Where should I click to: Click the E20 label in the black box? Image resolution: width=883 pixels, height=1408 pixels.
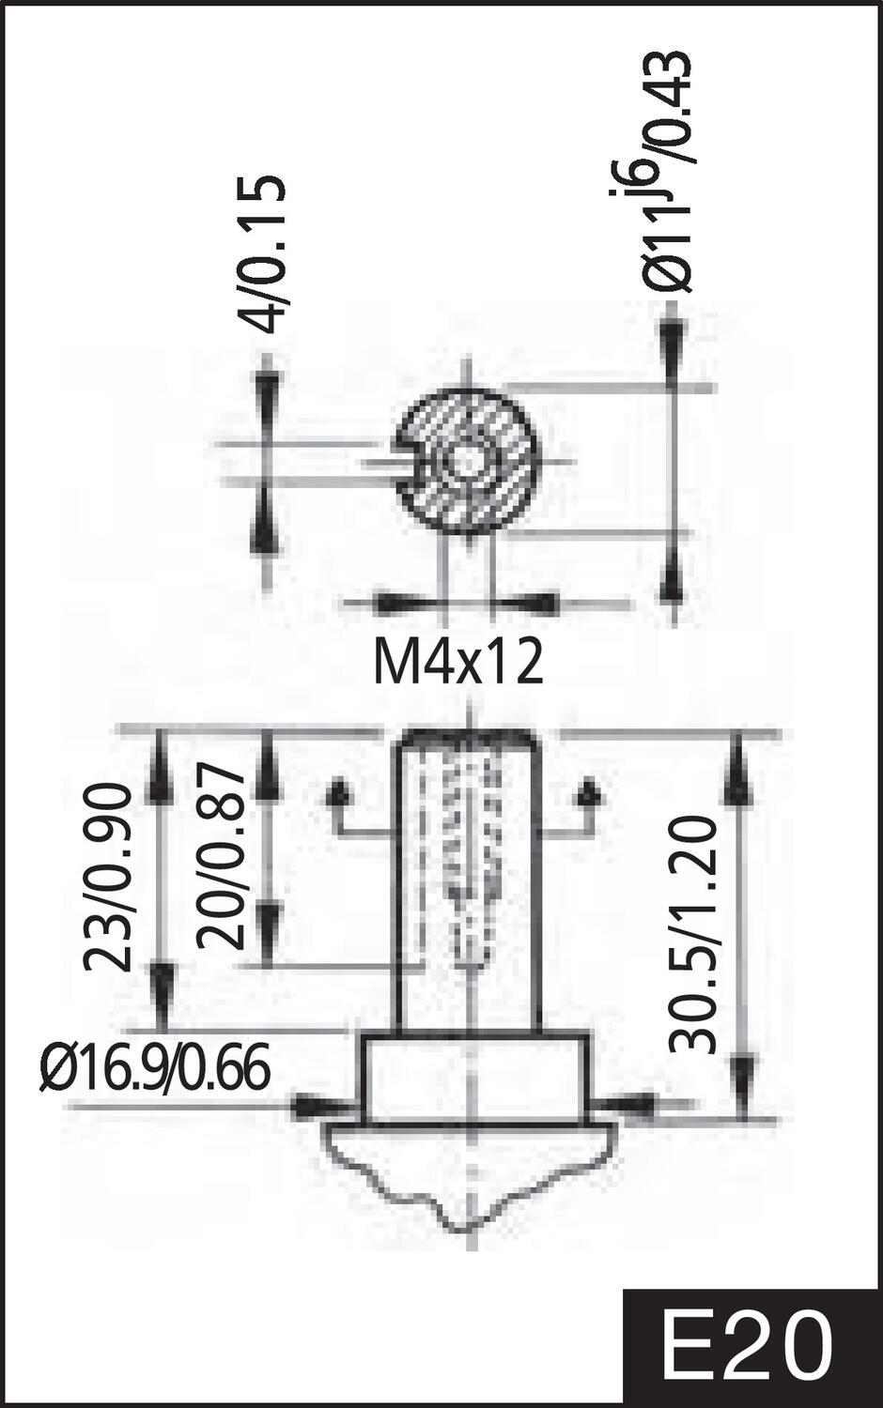tap(748, 1348)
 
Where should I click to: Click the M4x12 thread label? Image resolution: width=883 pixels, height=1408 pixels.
tap(458, 663)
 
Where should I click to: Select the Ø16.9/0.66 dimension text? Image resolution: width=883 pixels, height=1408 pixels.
tap(155, 1069)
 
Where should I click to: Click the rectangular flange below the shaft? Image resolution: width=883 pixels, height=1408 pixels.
tap(476, 1078)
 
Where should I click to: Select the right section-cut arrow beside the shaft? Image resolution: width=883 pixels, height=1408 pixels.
tap(590, 794)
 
